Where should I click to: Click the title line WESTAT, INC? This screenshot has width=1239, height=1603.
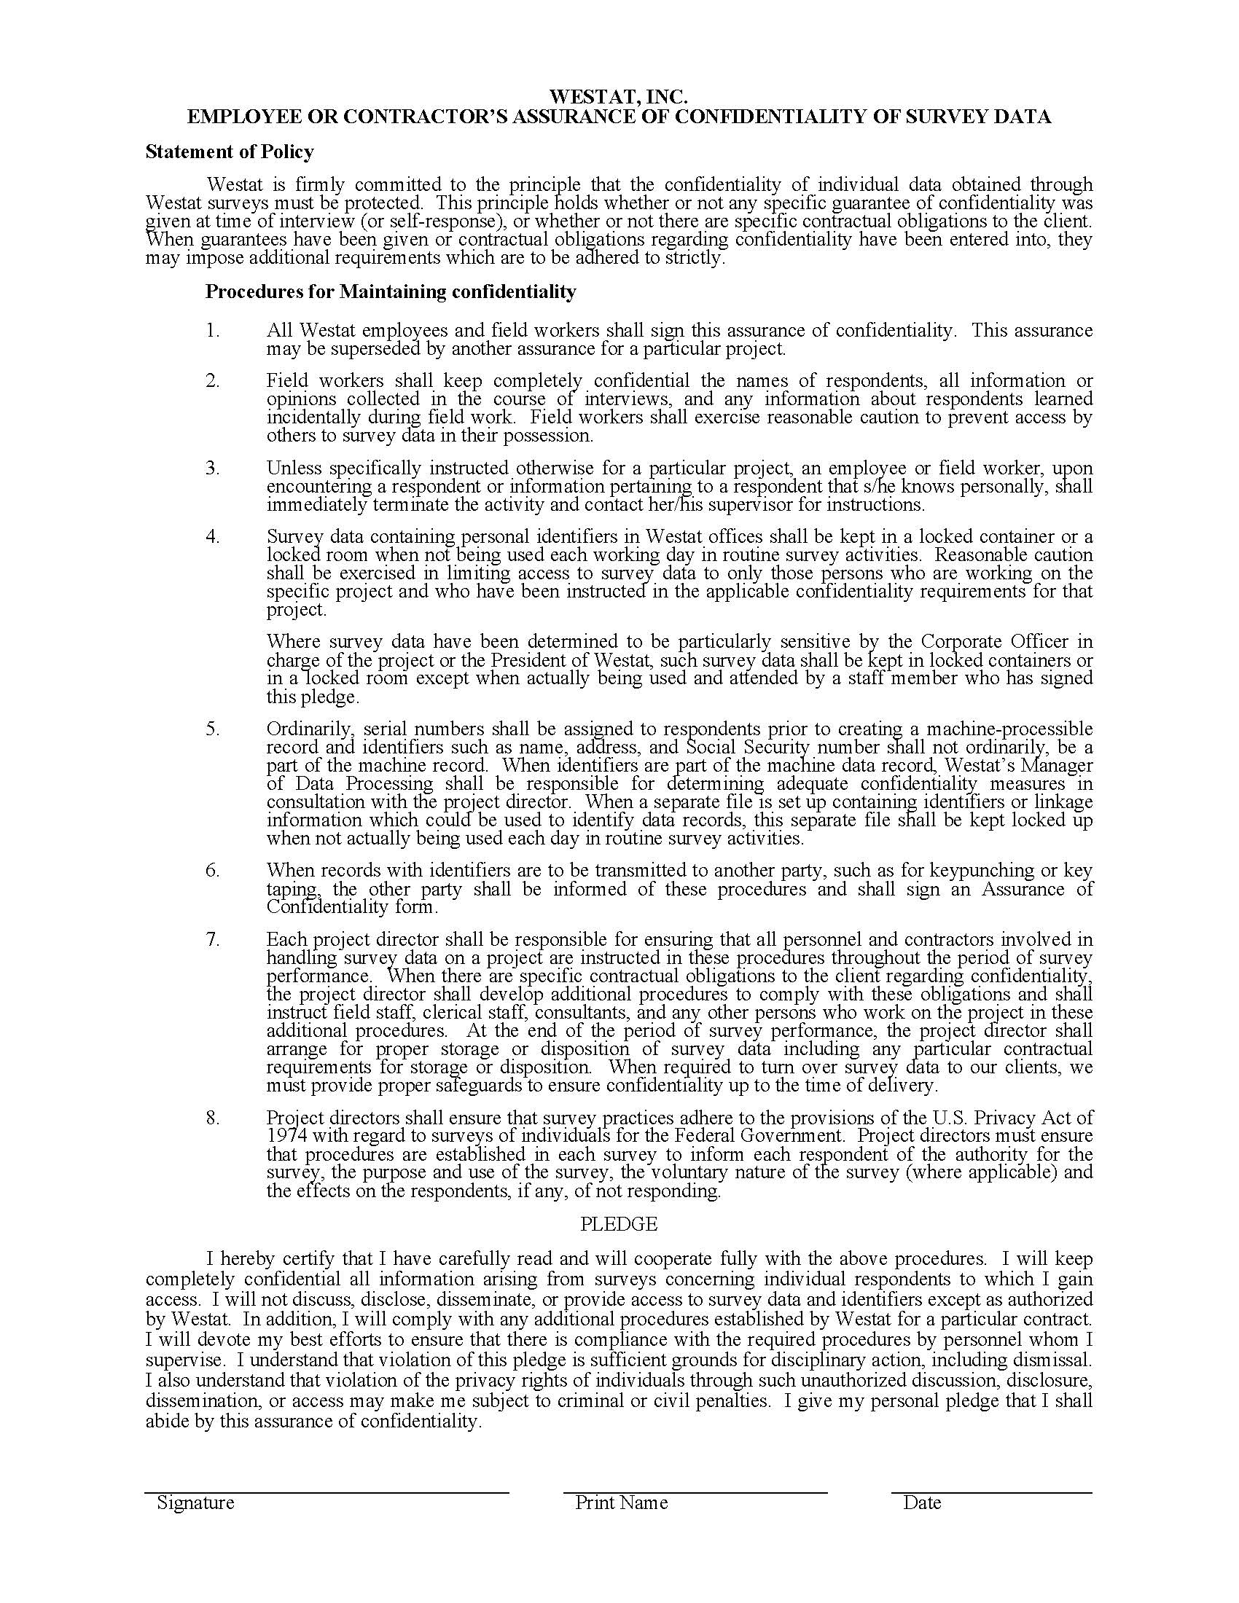coord(619,97)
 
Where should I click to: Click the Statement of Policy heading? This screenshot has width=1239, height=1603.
coord(230,152)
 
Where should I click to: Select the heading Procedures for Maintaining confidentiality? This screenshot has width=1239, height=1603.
coord(391,292)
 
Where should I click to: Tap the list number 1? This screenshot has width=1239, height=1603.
coord(213,331)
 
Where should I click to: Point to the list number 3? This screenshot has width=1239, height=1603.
coord(213,469)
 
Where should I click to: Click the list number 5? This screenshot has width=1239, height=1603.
coord(213,729)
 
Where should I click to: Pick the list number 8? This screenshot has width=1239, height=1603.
coord(213,1118)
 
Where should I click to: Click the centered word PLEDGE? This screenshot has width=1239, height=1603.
coord(619,1224)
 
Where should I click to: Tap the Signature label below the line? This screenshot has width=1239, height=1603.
coord(195,1503)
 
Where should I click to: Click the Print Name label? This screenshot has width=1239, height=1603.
coord(621,1503)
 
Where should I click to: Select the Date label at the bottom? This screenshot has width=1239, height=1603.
coord(922,1503)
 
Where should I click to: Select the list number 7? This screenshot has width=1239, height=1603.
coord(213,940)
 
